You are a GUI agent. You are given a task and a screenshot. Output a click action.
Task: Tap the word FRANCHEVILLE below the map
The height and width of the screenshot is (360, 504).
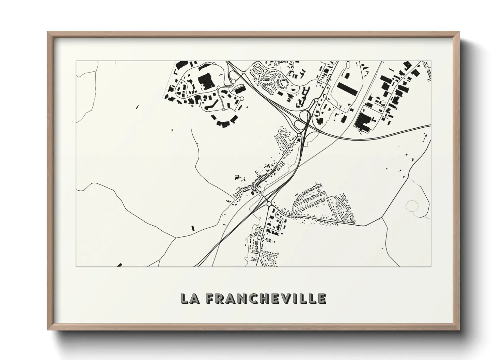point(266,298)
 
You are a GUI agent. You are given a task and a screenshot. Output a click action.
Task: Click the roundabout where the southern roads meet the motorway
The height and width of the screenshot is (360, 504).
point(269,204)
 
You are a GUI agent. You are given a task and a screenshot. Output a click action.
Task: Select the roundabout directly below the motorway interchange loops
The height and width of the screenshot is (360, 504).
point(299,135)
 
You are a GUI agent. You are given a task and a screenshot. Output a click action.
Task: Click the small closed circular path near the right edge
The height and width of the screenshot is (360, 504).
point(412,205)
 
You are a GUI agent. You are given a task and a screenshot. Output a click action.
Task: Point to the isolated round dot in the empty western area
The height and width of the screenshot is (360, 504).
point(172,130)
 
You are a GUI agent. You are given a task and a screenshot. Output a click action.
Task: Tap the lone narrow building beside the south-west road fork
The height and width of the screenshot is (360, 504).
point(192,228)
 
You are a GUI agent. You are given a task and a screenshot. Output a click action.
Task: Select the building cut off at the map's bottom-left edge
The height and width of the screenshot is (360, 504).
point(119,265)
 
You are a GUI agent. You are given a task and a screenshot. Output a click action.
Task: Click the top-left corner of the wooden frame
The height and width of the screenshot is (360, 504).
point(48,32)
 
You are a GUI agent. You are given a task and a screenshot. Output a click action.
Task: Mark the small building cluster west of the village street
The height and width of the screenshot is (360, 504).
point(238,177)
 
